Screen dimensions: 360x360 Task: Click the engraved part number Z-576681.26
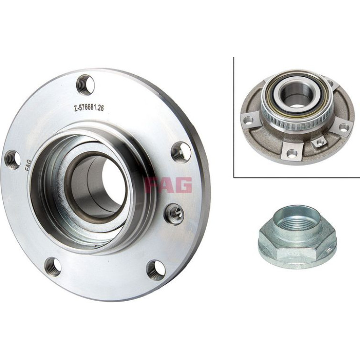[89, 108]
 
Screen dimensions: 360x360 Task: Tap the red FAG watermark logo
[168, 185]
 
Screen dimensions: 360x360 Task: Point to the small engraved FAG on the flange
[28, 166]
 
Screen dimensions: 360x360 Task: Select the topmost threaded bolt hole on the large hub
[85, 85]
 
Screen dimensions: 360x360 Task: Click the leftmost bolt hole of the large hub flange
[13, 159]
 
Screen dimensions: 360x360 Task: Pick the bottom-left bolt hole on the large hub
[52, 266]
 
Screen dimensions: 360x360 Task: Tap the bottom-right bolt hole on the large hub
[156, 270]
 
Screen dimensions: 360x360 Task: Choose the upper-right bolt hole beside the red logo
[181, 152]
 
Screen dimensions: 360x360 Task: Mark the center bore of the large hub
[96, 187]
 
